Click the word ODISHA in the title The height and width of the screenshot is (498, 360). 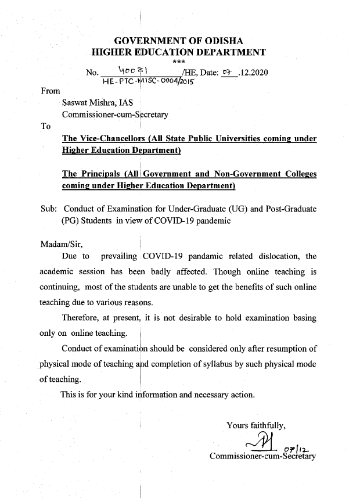point(224,41)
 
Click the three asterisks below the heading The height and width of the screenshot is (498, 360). point(179,62)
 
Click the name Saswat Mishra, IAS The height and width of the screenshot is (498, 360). point(97,103)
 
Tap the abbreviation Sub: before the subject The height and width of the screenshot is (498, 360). point(49,209)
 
